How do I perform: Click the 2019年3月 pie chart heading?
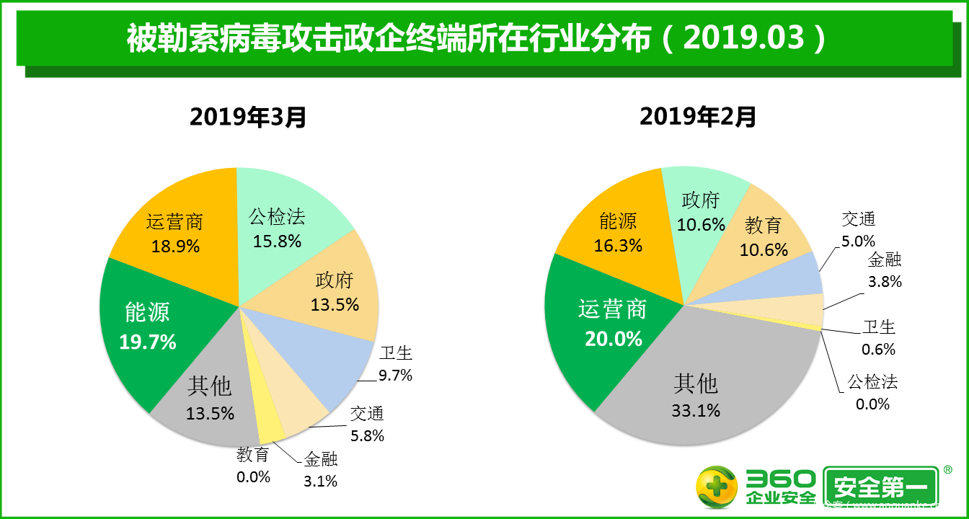click(248, 116)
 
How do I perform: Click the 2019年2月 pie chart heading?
click(697, 116)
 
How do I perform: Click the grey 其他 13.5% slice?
click(209, 400)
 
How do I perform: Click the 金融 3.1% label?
click(321, 470)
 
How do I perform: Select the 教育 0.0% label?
click(252, 466)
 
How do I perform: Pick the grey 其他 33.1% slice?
click(696, 396)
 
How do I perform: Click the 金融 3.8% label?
click(885, 270)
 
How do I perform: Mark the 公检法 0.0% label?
click(872, 392)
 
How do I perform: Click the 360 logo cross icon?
click(716, 488)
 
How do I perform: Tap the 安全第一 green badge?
click(880, 488)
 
